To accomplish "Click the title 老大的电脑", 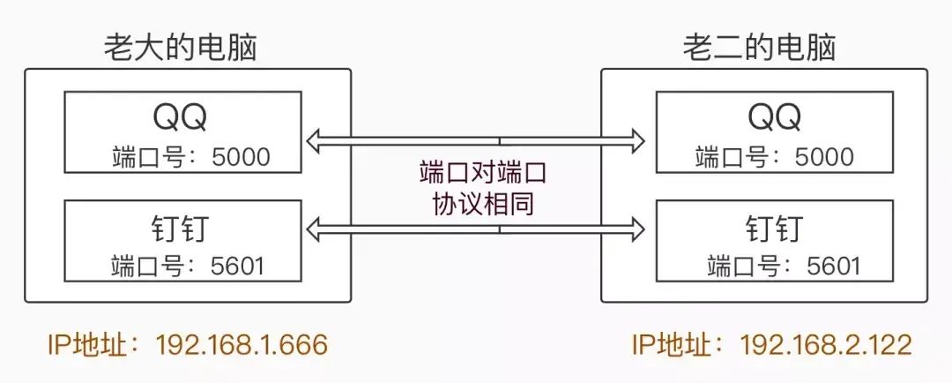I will (180, 47).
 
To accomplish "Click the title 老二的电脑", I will (759, 47).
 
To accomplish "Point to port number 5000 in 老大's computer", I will (242, 158).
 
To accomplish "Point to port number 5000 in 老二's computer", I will (825, 158).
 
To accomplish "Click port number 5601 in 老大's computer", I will (241, 265).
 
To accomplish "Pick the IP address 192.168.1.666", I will (241, 345).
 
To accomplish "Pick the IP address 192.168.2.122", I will (826, 345).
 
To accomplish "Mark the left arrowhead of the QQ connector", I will (314, 139).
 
